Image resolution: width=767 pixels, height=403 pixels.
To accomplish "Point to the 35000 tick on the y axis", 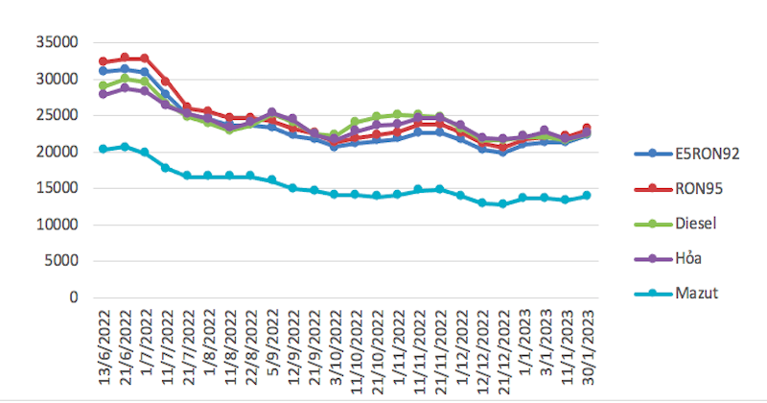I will coord(57,42).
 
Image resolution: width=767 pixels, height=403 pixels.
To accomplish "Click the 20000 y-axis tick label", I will coord(57,152).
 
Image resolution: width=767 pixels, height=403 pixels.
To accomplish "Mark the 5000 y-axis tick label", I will coord(60,261).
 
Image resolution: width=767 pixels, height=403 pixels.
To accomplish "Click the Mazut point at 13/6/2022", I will coord(103,149).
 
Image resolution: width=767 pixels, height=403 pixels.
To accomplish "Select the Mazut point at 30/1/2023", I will coord(586,195).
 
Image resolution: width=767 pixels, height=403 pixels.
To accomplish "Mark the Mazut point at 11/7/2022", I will coord(166,167).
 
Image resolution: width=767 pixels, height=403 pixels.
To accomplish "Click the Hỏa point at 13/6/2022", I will coord(103,94).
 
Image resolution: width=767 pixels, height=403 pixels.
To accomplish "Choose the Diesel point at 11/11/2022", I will coord(418,114).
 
